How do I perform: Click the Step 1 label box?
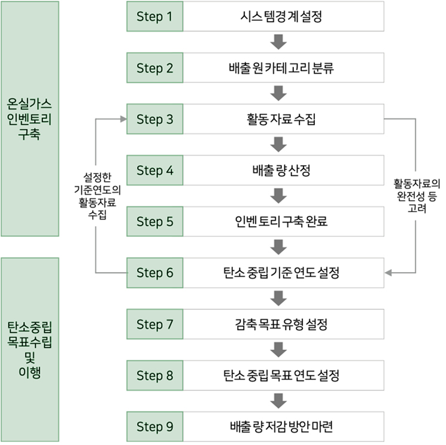tap(154, 17)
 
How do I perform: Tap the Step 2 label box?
tap(154, 68)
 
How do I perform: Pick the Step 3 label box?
tap(154, 119)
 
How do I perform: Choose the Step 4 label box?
tap(154, 170)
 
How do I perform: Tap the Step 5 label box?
tap(154, 221)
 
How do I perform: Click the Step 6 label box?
tap(154, 273)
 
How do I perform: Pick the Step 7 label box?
tap(154, 324)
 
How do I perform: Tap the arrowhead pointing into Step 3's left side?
tap(123, 119)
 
